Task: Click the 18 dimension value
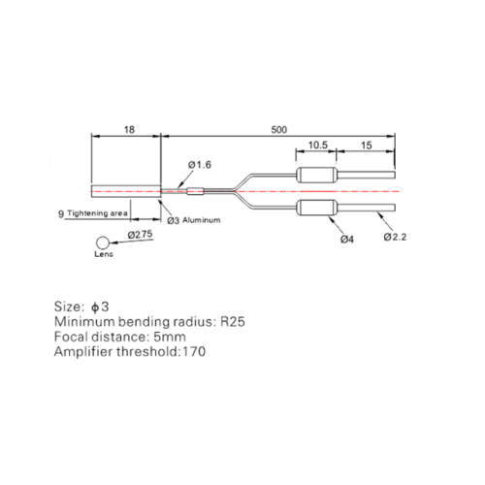[129, 130]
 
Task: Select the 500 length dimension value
[278, 130]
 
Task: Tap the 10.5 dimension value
[318, 145]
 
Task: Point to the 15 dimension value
[367, 145]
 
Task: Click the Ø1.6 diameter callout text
[200, 165]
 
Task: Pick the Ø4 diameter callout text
[347, 240]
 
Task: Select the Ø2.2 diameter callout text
[395, 237]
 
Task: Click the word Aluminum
[202, 220]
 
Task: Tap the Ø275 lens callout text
[140, 235]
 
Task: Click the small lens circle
[103, 242]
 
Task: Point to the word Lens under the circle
[104, 254]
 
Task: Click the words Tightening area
[97, 213]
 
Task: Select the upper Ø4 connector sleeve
[317, 175]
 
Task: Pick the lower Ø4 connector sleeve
[317, 208]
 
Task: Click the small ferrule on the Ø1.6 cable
[195, 191]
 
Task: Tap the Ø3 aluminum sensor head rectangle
[126, 191]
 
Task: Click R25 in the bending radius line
[233, 322]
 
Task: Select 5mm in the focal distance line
[170, 337]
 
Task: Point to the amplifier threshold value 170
[194, 352]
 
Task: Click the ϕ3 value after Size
[100, 307]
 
